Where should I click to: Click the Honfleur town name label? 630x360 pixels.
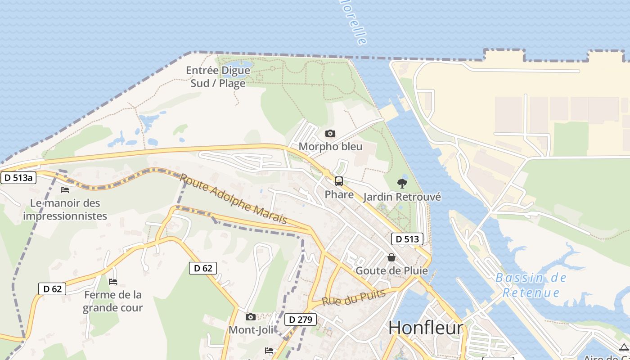(x=425, y=328)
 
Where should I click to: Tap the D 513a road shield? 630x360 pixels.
(x=18, y=178)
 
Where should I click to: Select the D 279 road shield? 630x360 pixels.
(x=301, y=320)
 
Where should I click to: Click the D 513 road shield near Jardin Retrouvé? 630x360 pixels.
(x=407, y=239)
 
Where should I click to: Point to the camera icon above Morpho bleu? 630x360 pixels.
(x=330, y=133)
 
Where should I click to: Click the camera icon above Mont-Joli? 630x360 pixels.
(x=251, y=317)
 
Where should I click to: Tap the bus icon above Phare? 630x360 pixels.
(x=339, y=181)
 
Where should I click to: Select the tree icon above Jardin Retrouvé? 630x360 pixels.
(x=402, y=183)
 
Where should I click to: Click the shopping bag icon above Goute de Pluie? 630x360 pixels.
(x=391, y=257)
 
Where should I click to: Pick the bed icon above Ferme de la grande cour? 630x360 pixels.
(x=113, y=282)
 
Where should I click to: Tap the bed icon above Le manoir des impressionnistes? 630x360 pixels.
(x=65, y=189)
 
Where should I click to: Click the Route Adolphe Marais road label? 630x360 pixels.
(x=233, y=198)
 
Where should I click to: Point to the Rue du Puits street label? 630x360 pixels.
(x=354, y=297)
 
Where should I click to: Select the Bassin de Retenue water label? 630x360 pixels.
(x=531, y=285)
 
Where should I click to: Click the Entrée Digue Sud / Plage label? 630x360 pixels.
(x=218, y=77)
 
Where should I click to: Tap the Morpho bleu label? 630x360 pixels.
(x=330, y=147)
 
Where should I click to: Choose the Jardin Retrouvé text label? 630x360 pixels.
(x=402, y=197)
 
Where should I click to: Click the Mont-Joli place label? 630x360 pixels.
(x=251, y=330)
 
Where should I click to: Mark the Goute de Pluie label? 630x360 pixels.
(x=391, y=271)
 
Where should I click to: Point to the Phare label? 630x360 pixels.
(x=339, y=194)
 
